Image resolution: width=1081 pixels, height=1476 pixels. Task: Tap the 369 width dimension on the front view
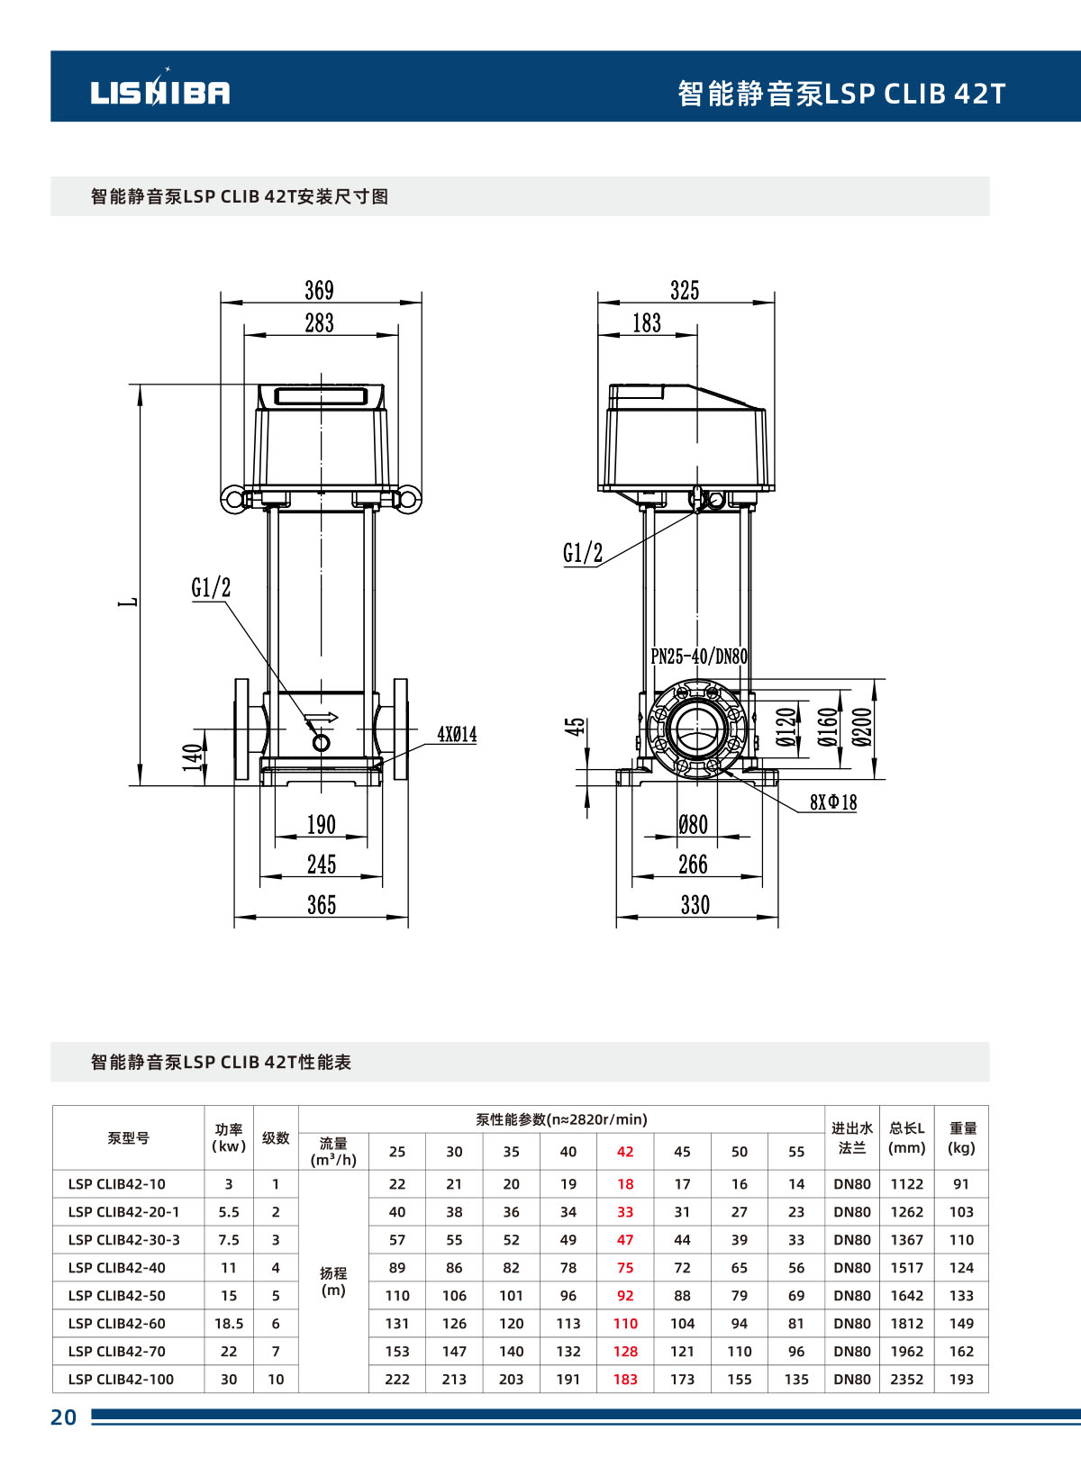click(319, 290)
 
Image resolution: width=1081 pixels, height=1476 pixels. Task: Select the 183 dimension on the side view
click(646, 322)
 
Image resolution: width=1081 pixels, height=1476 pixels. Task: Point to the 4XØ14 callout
click(457, 735)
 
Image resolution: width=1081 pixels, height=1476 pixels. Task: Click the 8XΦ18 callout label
click(832, 802)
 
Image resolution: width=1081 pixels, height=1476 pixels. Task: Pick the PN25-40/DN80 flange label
click(699, 657)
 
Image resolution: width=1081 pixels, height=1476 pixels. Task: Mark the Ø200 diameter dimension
click(862, 728)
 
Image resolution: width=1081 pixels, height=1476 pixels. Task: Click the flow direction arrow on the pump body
click(322, 719)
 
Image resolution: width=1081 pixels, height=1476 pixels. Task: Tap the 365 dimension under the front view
click(322, 905)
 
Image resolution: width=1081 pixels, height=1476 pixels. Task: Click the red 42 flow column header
click(625, 1152)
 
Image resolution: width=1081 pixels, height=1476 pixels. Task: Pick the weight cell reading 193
click(961, 1380)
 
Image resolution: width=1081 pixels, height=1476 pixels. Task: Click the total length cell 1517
click(907, 1268)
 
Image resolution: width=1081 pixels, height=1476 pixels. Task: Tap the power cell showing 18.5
click(229, 1324)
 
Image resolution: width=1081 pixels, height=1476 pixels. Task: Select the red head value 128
click(625, 1352)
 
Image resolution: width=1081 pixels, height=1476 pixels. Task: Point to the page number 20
click(63, 1417)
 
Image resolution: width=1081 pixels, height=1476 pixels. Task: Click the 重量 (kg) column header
click(962, 1138)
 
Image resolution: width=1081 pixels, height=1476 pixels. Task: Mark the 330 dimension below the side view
click(695, 905)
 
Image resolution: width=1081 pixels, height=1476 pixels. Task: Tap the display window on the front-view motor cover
click(321, 396)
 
